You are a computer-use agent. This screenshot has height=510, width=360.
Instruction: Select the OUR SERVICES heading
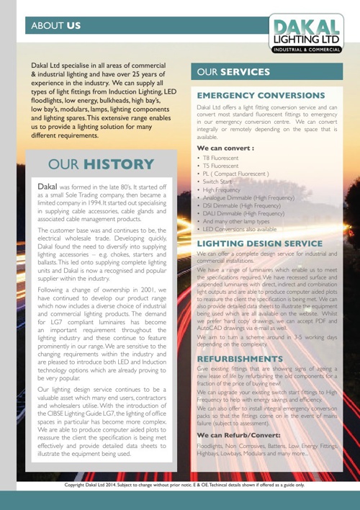tap(233, 73)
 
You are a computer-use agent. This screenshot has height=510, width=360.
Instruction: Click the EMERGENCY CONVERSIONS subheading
tap(261, 95)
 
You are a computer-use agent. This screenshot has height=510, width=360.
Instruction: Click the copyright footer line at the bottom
tap(180, 486)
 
